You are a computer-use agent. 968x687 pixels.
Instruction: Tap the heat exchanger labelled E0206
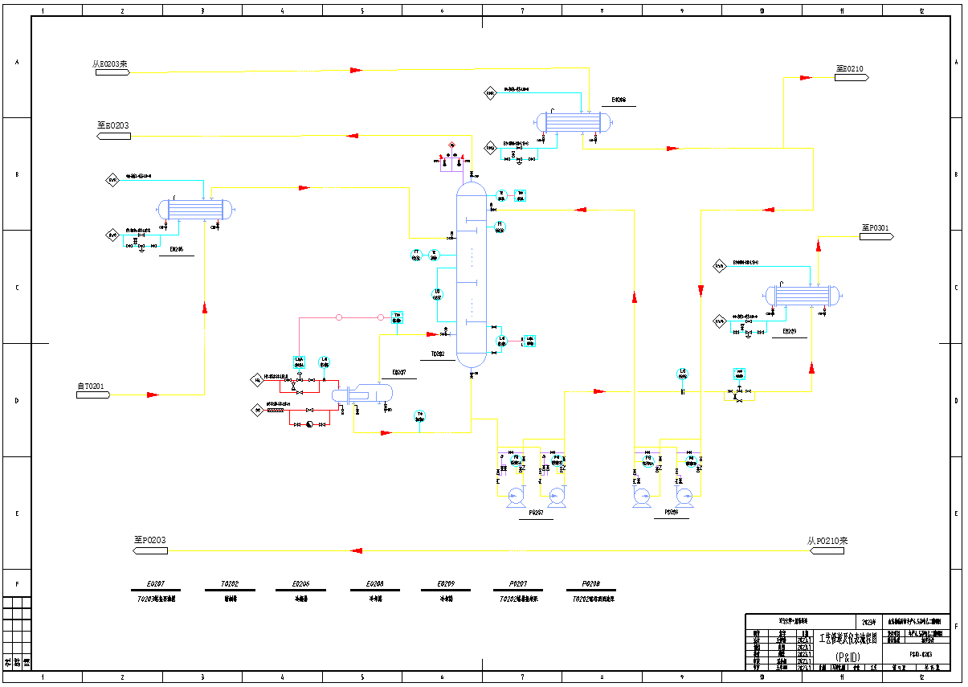point(198,210)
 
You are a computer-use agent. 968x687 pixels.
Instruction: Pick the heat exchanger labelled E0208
point(574,122)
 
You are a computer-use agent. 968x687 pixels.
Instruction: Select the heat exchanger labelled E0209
point(802,296)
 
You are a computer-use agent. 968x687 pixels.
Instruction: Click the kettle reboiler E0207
point(362,394)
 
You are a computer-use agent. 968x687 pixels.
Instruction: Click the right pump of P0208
point(684,497)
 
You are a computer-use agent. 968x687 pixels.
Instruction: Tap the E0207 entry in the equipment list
point(156,585)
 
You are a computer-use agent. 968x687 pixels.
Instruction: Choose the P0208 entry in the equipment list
point(590,585)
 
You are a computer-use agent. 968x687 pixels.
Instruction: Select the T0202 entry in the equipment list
point(229,585)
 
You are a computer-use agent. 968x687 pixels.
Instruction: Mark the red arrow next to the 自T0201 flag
point(152,395)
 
